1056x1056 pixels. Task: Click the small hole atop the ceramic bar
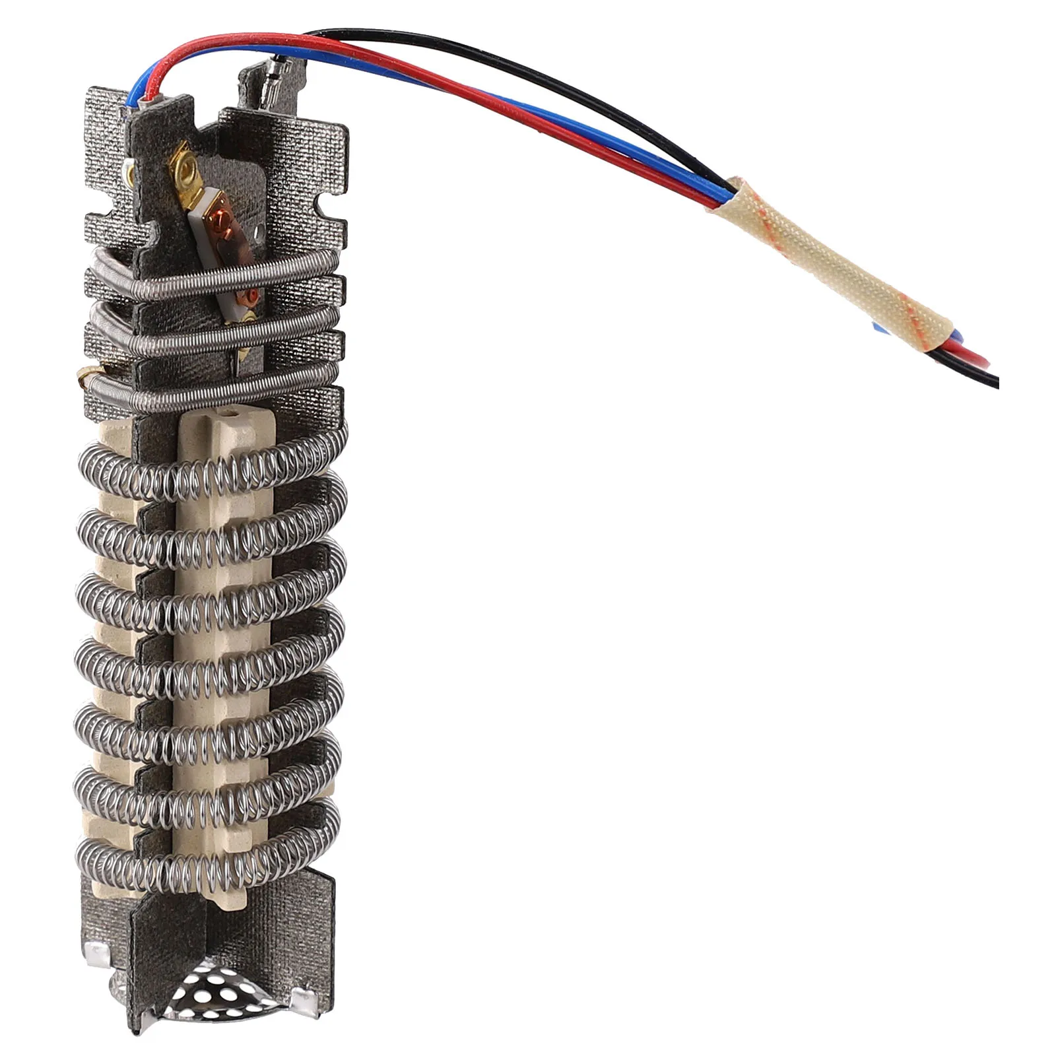click(x=232, y=414)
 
